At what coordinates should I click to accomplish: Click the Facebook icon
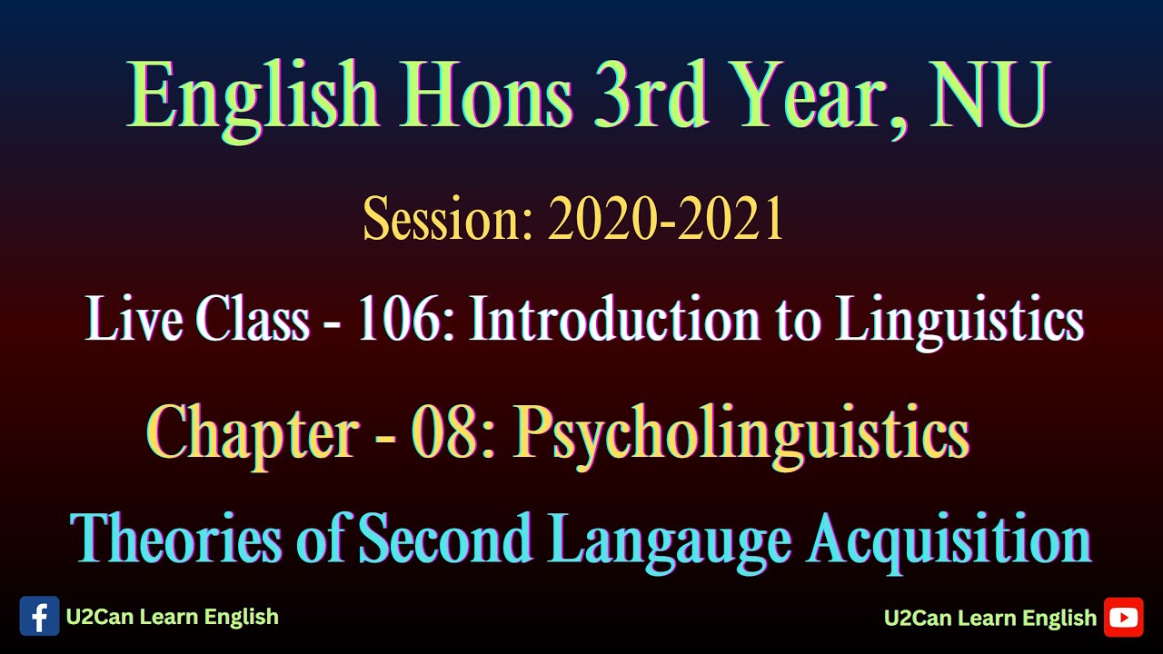tap(39, 617)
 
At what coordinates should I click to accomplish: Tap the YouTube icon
tap(1123, 618)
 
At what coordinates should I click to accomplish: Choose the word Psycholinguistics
tap(741, 434)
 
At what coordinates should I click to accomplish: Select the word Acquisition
tap(949, 540)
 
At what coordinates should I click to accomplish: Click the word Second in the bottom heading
tap(445, 538)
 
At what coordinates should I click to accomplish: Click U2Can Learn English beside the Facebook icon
tap(172, 617)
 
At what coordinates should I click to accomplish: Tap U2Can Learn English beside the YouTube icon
tap(989, 619)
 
